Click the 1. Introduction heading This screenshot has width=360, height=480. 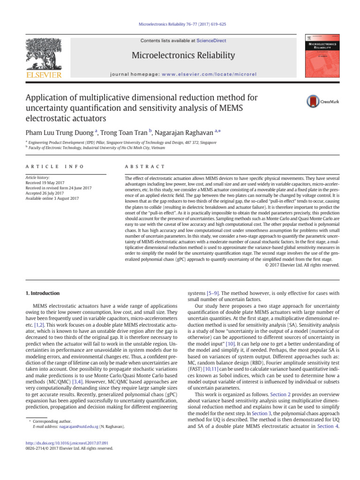(x=42, y=293)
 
